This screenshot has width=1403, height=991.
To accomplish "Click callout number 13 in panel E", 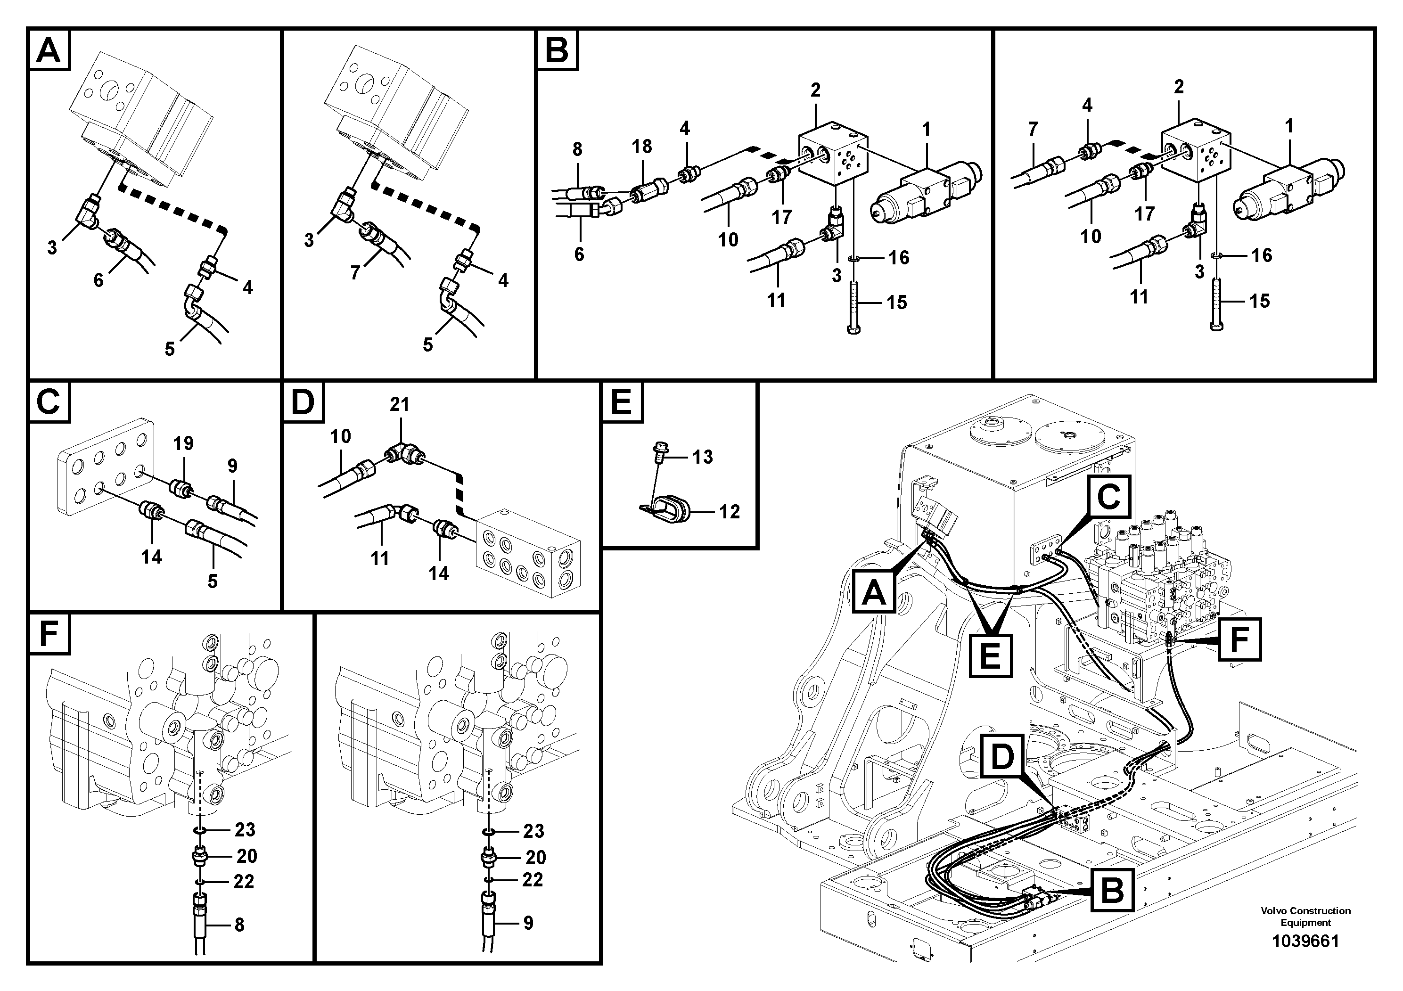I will (x=703, y=457).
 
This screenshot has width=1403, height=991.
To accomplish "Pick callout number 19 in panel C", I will (x=183, y=443).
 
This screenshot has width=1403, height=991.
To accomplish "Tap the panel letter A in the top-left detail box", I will (x=49, y=50).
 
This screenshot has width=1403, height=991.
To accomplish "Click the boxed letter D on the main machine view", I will (x=1002, y=759).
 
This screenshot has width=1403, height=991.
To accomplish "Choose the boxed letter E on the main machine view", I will (x=991, y=656).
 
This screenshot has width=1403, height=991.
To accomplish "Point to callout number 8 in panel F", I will (x=239, y=925).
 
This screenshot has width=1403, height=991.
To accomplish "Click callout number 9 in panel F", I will (x=528, y=923).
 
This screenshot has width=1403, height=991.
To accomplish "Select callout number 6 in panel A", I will (x=98, y=280).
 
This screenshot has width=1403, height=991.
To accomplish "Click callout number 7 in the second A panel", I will (x=355, y=272).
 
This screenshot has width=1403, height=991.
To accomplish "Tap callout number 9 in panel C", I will (x=232, y=466).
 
